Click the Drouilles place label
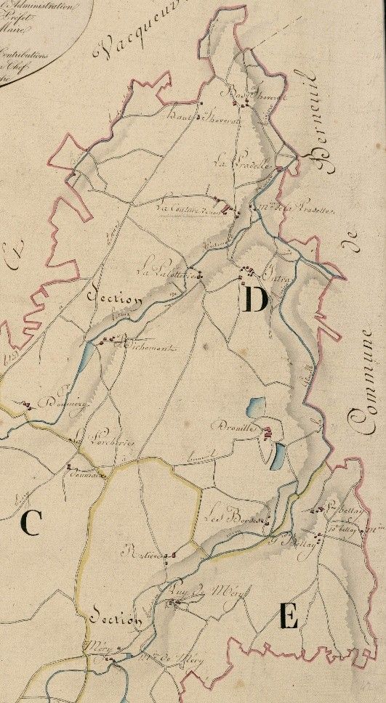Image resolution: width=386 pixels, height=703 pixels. [x=234, y=428]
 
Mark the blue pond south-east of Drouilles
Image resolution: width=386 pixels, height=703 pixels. [x=278, y=455]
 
